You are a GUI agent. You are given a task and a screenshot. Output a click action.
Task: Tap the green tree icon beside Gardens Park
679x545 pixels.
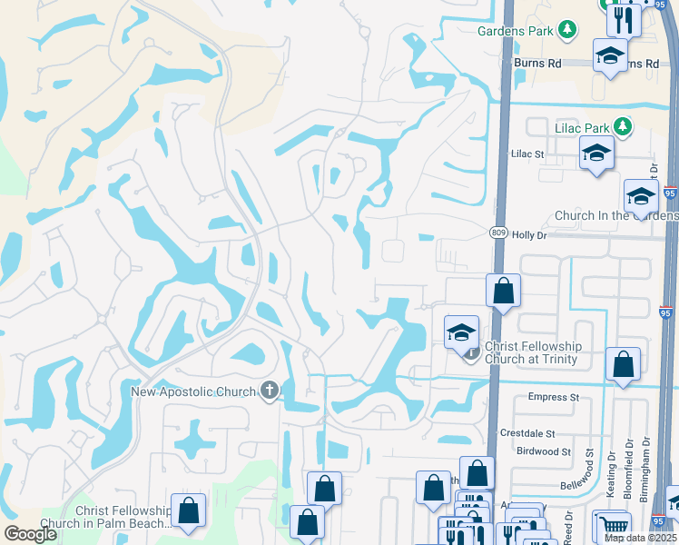point(567,31)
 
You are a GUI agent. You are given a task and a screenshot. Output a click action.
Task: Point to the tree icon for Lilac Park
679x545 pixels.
point(624,124)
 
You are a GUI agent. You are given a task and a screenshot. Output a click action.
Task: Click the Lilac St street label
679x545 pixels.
point(527,154)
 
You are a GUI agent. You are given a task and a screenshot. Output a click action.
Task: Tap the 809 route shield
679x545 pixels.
point(498,233)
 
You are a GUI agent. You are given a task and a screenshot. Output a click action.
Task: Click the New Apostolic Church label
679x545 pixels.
point(195,391)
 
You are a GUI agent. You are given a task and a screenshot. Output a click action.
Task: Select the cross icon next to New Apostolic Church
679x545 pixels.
point(269,391)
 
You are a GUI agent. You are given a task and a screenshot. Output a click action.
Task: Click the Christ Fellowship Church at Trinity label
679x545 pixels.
point(534,352)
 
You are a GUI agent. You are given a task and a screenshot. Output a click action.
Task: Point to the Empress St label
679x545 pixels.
point(554,397)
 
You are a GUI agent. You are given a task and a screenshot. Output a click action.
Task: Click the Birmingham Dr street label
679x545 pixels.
point(646,467)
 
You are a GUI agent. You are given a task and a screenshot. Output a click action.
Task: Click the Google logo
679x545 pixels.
point(30,534)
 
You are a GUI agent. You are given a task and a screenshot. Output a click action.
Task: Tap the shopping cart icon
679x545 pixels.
point(614,525)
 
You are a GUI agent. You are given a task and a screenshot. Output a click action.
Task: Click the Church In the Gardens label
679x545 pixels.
point(615,216)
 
